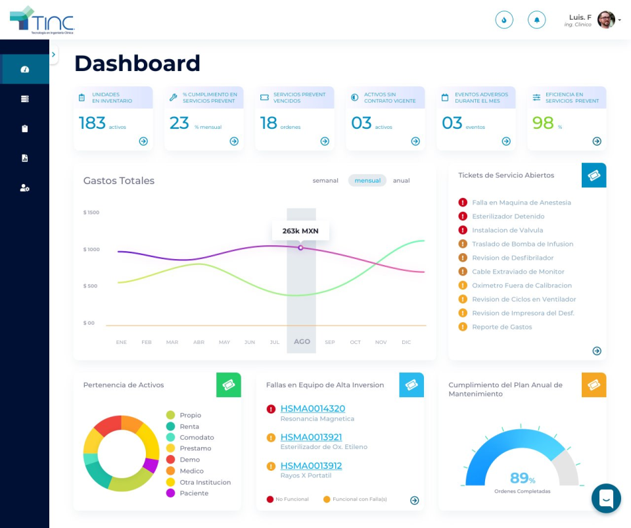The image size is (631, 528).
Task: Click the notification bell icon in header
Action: [x=536, y=20]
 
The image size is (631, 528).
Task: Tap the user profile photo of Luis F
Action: [x=606, y=20]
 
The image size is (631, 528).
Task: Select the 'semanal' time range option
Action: [x=325, y=181]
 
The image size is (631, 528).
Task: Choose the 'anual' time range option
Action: [x=401, y=181]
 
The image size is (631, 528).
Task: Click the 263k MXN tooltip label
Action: [x=300, y=231]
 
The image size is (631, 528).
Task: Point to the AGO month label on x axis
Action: [x=302, y=342]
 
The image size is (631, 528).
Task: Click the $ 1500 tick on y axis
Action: [x=91, y=212]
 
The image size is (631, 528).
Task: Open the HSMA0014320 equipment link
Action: [x=312, y=408]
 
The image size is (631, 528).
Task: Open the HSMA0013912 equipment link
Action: [x=311, y=466]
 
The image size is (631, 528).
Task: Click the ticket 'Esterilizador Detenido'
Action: [x=507, y=216]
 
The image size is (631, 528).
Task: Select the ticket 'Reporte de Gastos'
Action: [x=502, y=327]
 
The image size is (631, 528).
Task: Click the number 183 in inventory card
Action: [x=92, y=123]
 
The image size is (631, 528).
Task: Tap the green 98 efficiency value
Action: [x=543, y=123]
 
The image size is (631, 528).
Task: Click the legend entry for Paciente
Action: [x=193, y=493]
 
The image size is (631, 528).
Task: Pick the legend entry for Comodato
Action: [x=196, y=437]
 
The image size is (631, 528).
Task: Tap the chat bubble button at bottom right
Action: [x=606, y=498]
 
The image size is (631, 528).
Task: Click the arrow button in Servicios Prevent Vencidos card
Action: [x=325, y=141]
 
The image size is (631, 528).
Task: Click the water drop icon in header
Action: [x=503, y=20]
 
